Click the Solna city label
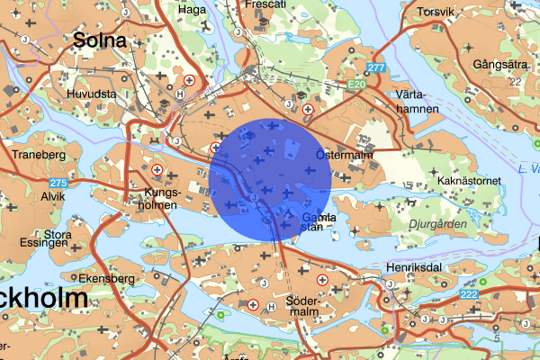tap(99, 40)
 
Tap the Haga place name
tap(193, 10)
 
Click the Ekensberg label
tap(105, 278)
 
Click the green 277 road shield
tap(376, 68)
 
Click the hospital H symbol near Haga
tap(189, 79)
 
